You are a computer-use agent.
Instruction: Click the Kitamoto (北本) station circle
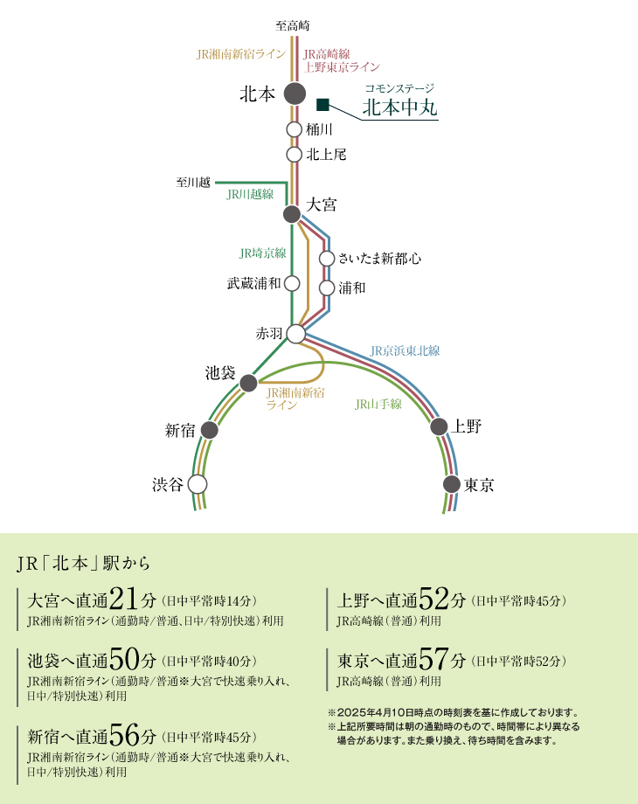(295, 94)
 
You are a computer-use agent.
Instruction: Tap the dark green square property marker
(322, 106)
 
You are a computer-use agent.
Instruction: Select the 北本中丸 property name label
(399, 109)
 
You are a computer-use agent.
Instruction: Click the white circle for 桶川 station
(295, 129)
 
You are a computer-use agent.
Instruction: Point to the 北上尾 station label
(327, 155)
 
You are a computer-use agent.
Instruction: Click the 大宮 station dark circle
(293, 213)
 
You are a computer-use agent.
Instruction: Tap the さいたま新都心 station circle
(327, 259)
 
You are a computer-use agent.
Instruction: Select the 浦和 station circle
(327, 288)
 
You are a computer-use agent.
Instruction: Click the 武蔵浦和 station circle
(292, 283)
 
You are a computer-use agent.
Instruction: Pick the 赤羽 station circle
(296, 334)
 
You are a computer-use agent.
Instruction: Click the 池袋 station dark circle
(248, 383)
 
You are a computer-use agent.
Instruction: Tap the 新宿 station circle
(209, 430)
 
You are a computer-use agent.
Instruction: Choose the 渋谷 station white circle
(198, 484)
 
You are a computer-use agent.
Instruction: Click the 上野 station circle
(439, 426)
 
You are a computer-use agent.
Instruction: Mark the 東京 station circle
(451, 484)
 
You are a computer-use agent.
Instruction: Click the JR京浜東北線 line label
(405, 350)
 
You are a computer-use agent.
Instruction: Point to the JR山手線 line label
(378, 405)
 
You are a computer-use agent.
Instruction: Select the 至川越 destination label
(193, 183)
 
